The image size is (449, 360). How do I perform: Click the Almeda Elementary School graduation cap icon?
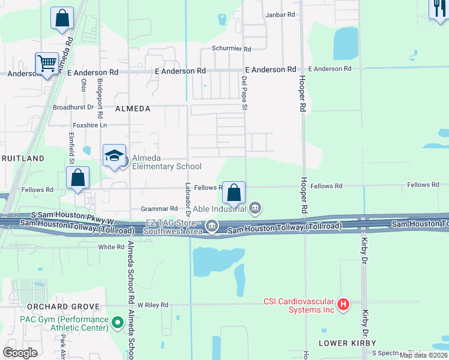pyautogui.click(x=114, y=156)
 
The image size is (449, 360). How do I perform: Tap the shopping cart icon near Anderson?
pyautogui.click(x=46, y=63)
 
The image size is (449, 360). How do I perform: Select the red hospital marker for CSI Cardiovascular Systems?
pyautogui.click(x=343, y=305)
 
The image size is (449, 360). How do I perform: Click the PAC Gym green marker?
pyautogui.click(x=118, y=323)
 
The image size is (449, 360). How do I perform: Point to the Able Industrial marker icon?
pyautogui.click(x=255, y=208)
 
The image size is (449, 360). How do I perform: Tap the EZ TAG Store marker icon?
pyautogui.click(x=211, y=226)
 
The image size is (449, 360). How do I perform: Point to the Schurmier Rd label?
pyautogui.click(x=231, y=49)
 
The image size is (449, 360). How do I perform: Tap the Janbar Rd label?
pyautogui.click(x=280, y=14)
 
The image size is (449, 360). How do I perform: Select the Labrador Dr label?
pyautogui.click(x=188, y=199)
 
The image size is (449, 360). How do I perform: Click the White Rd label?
pyautogui.click(x=111, y=247)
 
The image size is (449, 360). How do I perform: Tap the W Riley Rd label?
pyautogui.click(x=153, y=305)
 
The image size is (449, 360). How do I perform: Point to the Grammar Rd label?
pyautogui.click(x=159, y=209)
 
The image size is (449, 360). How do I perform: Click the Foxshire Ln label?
pyautogui.click(x=89, y=125)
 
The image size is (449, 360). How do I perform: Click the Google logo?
pyautogui.click(x=20, y=353)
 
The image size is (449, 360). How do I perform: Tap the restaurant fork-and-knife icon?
pyautogui.click(x=438, y=8)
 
